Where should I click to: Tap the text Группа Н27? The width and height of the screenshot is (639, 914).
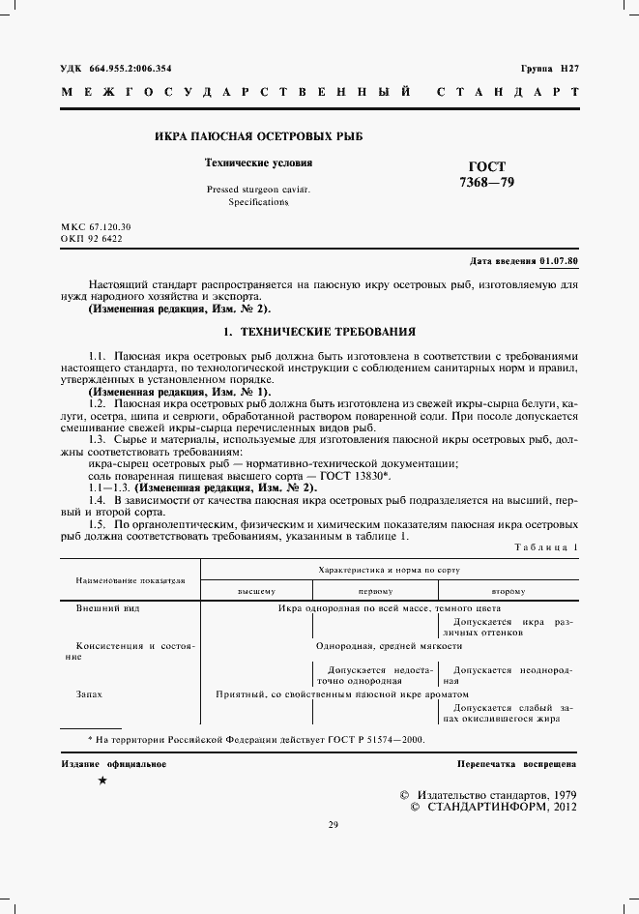coord(549,70)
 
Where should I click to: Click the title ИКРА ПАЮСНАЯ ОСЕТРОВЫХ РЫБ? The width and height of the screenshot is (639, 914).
coord(258,136)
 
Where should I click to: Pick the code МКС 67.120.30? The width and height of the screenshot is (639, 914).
coord(96,225)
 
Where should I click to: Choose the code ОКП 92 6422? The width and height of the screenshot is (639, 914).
coord(92,238)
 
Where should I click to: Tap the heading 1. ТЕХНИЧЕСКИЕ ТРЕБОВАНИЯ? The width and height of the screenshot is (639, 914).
coord(319,331)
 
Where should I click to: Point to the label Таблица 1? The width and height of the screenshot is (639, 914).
coord(548,547)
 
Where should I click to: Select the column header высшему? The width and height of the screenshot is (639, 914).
coord(256,590)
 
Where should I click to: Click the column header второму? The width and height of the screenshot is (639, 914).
coord(508,590)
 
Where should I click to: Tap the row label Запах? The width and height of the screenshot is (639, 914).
coord(89,693)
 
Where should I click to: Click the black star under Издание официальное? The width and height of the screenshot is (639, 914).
coord(102,780)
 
